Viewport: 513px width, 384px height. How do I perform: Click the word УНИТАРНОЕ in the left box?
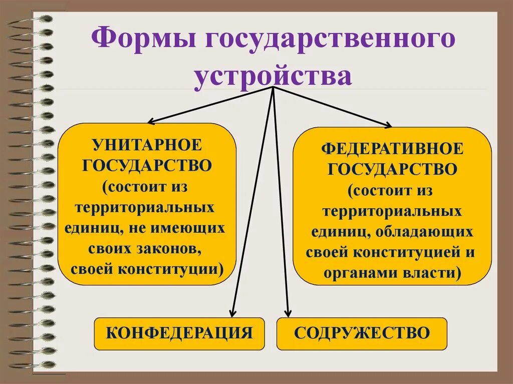[146, 145]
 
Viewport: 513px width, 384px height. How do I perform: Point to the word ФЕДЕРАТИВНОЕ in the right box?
[392, 149]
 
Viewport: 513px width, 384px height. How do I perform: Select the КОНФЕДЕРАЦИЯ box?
[179, 333]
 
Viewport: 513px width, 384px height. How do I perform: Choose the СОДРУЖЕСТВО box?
[362, 333]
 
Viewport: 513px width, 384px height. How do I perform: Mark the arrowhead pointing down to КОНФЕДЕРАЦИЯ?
[232, 312]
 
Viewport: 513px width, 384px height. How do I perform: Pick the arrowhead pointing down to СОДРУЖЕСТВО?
[287, 312]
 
